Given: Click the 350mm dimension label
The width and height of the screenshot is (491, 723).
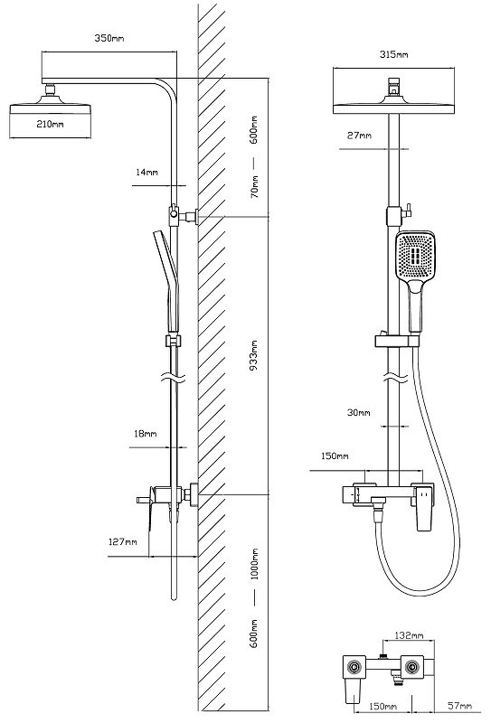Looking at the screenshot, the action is [x=109, y=38].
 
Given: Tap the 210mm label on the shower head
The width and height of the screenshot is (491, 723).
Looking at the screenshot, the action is [x=50, y=124].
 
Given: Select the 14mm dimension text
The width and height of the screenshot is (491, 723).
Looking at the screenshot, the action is [x=146, y=172].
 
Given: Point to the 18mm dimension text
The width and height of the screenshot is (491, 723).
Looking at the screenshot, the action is [x=145, y=434].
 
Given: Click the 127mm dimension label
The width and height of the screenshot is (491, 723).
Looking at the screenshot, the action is [x=123, y=541].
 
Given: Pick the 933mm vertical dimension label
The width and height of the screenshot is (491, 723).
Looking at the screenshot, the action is [x=254, y=355].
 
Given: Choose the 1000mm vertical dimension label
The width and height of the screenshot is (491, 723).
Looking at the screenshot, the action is [x=254, y=564].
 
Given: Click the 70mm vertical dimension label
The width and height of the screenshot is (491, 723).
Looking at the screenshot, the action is [x=254, y=187].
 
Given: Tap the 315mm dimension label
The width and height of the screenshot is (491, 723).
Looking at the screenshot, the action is [x=393, y=54].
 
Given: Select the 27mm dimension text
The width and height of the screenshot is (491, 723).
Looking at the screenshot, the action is [x=359, y=136].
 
